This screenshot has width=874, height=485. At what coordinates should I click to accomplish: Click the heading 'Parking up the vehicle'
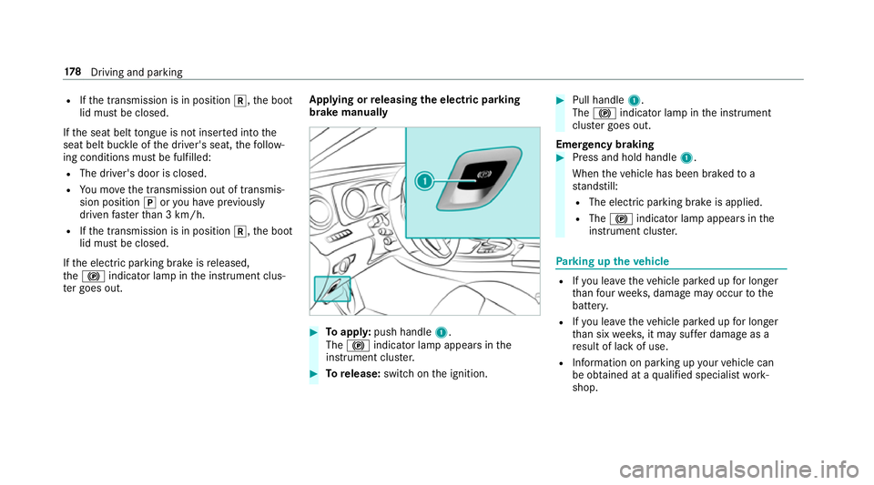(x=627, y=258)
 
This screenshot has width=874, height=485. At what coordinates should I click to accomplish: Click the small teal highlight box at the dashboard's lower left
(x=333, y=289)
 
